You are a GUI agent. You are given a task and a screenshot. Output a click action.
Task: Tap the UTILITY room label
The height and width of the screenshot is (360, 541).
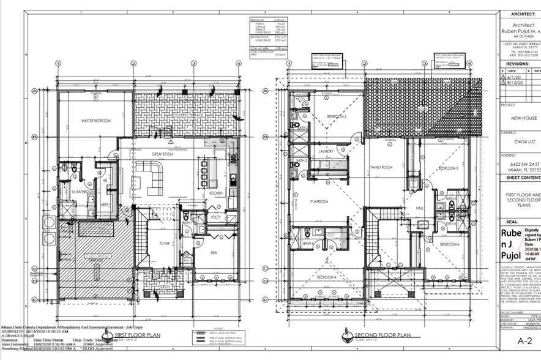point(215,217)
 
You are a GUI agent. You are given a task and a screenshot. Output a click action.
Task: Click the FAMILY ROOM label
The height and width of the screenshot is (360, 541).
point(382,167)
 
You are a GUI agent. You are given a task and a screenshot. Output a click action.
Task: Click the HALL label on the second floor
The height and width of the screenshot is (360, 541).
point(420,209)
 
